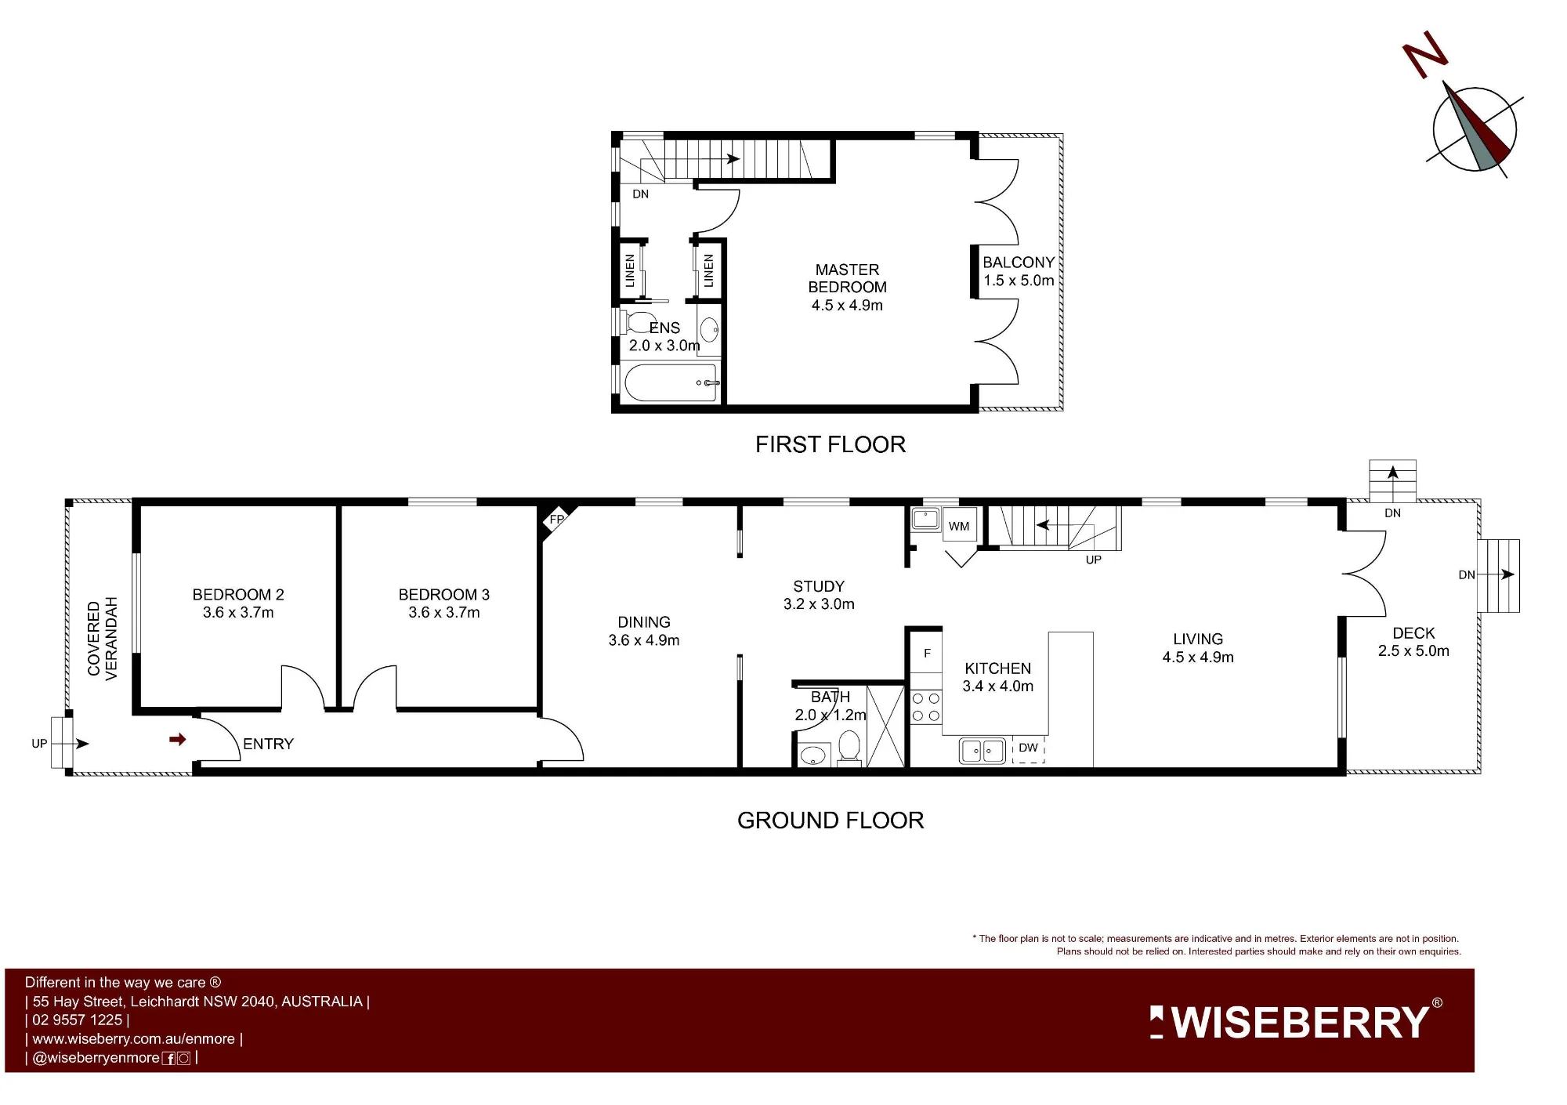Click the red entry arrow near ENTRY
178,739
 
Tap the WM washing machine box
959,526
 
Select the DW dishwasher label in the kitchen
1028,748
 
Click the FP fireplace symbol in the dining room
557,520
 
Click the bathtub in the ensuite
671,383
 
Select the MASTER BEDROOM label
847,278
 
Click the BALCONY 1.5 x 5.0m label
1019,271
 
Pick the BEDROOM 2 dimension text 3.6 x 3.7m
238,612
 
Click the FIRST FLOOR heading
831,444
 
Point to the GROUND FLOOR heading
831,821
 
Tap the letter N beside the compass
1424,54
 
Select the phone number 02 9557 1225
78,1020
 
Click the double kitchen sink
983,751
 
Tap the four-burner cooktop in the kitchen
925,707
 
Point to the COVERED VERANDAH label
103,639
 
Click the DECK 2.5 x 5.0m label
1413,642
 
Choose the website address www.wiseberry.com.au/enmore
134,1038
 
